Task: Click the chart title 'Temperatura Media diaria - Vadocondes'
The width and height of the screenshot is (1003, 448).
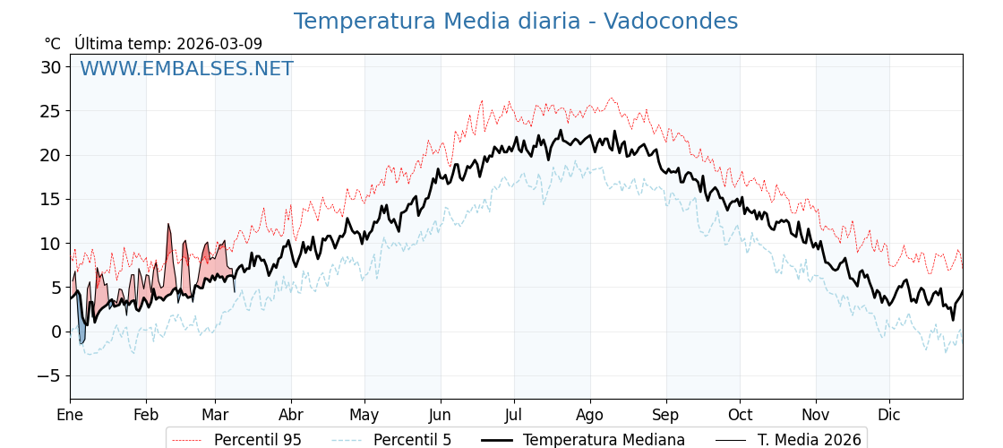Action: [x=516, y=22]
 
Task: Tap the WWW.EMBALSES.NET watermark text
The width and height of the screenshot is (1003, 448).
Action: [x=186, y=69]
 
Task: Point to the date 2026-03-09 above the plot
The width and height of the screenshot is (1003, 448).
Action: [x=219, y=44]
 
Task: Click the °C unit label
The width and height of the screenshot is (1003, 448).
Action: [x=53, y=44]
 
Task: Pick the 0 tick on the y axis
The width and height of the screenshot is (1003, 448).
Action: [x=56, y=332]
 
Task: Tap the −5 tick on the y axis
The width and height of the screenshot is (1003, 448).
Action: [x=48, y=375]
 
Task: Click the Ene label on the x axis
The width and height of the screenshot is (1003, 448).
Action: [x=70, y=415]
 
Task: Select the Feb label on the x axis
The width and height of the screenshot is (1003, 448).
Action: [x=146, y=415]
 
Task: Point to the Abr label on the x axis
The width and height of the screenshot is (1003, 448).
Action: [x=291, y=415]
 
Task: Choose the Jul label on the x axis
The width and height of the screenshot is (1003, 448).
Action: [x=514, y=415]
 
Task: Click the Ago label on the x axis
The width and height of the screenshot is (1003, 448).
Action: [x=590, y=415]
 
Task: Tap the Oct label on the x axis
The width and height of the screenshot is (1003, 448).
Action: [x=740, y=415]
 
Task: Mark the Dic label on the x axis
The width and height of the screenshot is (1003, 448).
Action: [x=889, y=415]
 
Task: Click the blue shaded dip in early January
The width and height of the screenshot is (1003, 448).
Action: [x=81, y=329]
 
